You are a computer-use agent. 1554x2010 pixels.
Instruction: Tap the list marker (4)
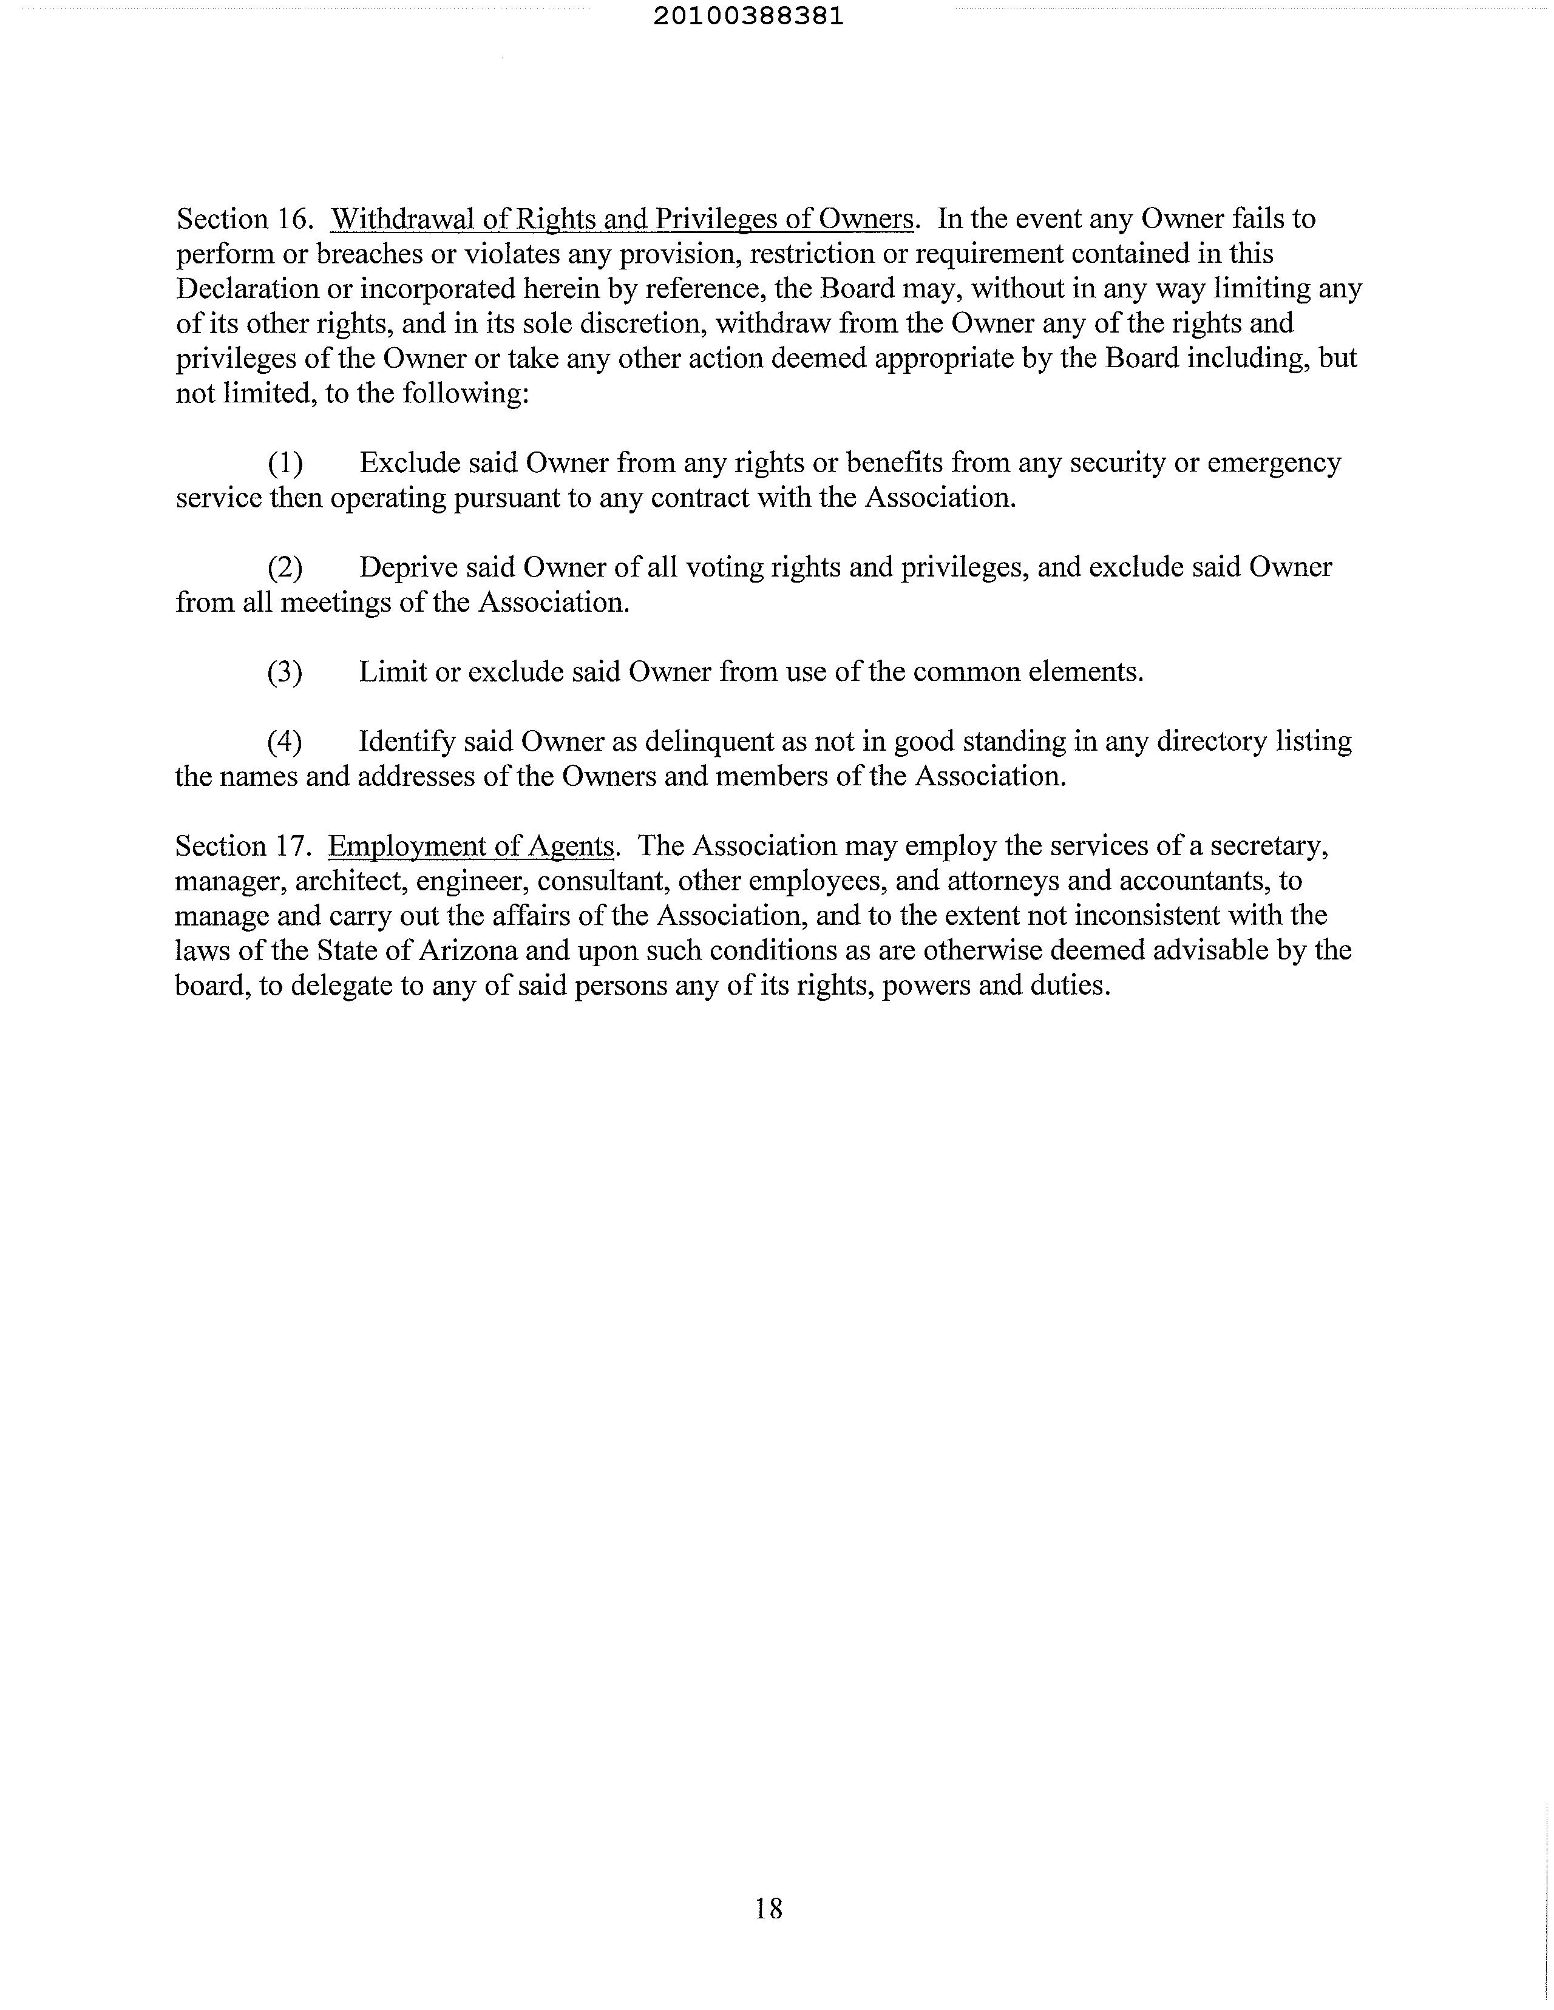tap(285, 742)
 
